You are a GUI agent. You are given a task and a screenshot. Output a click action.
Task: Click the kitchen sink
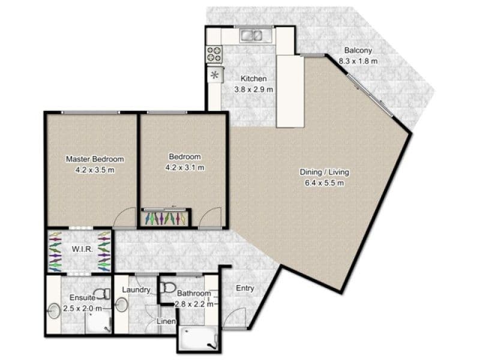251,35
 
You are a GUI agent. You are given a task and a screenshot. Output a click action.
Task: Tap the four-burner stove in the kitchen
214,54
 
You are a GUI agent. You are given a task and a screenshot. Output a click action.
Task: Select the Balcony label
358,50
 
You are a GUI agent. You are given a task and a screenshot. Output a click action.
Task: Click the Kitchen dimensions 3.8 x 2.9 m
253,89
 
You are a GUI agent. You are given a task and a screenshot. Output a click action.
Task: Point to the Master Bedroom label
95,159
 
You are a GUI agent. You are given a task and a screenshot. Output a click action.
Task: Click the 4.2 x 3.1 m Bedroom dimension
185,168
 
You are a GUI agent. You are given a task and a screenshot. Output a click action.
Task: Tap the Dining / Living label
324,172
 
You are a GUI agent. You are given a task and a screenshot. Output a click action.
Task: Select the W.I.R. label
82,249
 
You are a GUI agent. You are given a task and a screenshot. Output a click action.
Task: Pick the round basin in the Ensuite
54,311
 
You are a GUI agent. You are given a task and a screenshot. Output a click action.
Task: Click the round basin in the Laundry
122,304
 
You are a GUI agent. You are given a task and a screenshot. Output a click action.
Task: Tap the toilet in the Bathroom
167,287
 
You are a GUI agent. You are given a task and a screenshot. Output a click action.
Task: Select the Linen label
166,322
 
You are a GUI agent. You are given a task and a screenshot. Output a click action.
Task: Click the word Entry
245,289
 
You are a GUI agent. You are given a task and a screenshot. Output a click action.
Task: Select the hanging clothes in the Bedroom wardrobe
166,218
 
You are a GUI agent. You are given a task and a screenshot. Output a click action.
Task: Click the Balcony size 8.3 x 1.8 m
358,61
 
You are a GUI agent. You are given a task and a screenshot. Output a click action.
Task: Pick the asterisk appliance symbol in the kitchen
215,74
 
